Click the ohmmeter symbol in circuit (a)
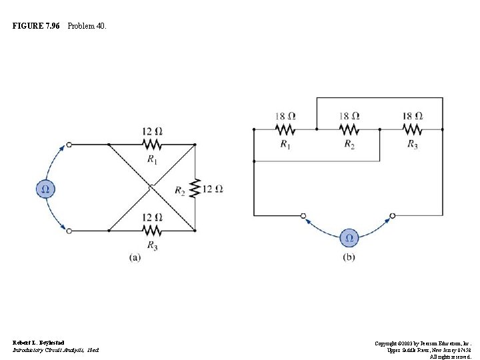click(x=45, y=189)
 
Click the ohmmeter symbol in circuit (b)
click(x=347, y=238)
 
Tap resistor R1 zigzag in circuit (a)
click(x=152, y=143)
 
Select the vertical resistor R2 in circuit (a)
click(x=195, y=189)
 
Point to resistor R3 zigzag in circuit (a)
click(x=152, y=231)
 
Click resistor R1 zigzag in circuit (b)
click(x=285, y=129)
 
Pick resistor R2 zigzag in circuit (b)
click(x=349, y=129)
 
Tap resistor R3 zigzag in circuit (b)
click(x=412, y=129)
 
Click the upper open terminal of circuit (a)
click(x=69, y=144)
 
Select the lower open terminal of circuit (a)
click(x=69, y=231)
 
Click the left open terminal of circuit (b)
click(x=303, y=215)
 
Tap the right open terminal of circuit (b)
click(x=392, y=215)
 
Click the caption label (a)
click(x=135, y=257)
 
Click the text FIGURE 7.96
click(x=37, y=26)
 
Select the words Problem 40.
click(x=86, y=26)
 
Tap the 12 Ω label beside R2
click(x=213, y=189)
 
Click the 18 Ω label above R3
click(x=412, y=116)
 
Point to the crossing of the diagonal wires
click(x=151, y=187)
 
